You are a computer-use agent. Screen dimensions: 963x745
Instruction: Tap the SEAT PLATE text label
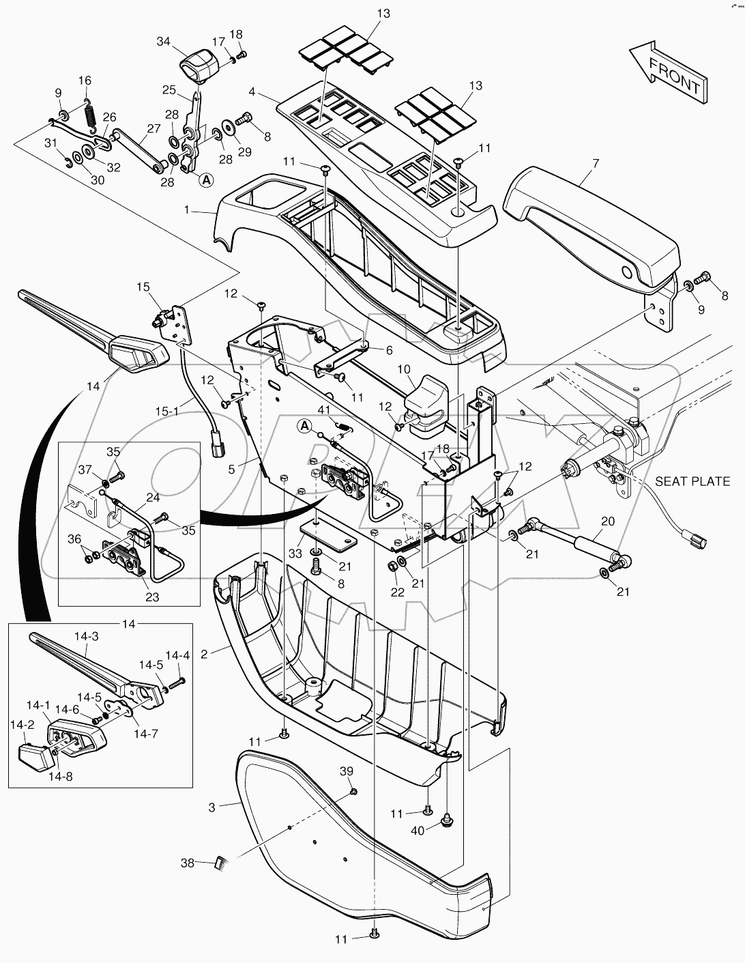click(x=692, y=481)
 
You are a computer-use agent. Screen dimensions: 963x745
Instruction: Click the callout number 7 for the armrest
click(x=595, y=164)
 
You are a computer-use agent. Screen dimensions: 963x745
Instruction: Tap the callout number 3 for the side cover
click(x=212, y=807)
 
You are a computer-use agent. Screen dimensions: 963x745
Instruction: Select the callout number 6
click(x=389, y=350)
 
